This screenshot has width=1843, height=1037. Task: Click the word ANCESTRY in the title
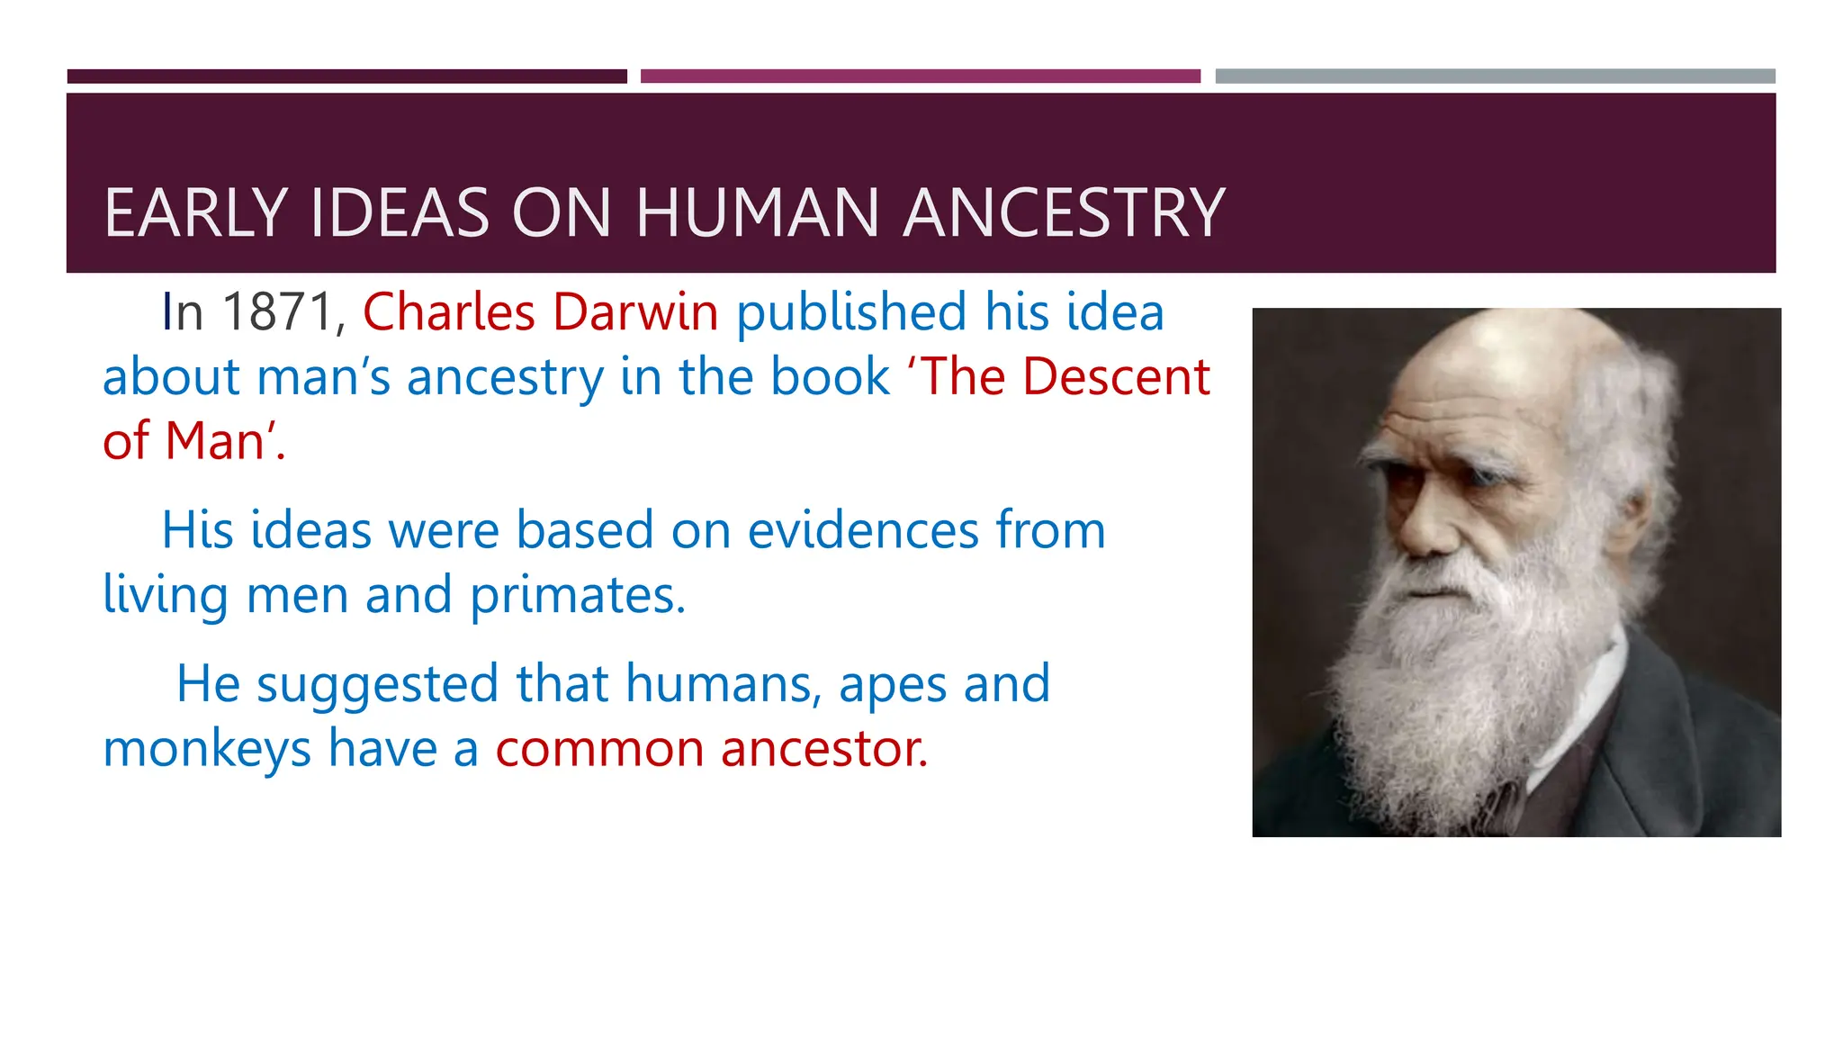1064,213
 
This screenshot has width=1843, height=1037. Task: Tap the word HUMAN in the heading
757,213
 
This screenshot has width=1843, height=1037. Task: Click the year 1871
278,312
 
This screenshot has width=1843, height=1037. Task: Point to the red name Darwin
635,312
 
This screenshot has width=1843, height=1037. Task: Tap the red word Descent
1116,376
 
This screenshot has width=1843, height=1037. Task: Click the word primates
578,595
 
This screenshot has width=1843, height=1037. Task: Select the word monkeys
207,749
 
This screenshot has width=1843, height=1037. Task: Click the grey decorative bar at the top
1495,77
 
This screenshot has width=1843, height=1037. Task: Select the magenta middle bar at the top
920,77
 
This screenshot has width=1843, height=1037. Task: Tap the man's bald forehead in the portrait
1494,378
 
